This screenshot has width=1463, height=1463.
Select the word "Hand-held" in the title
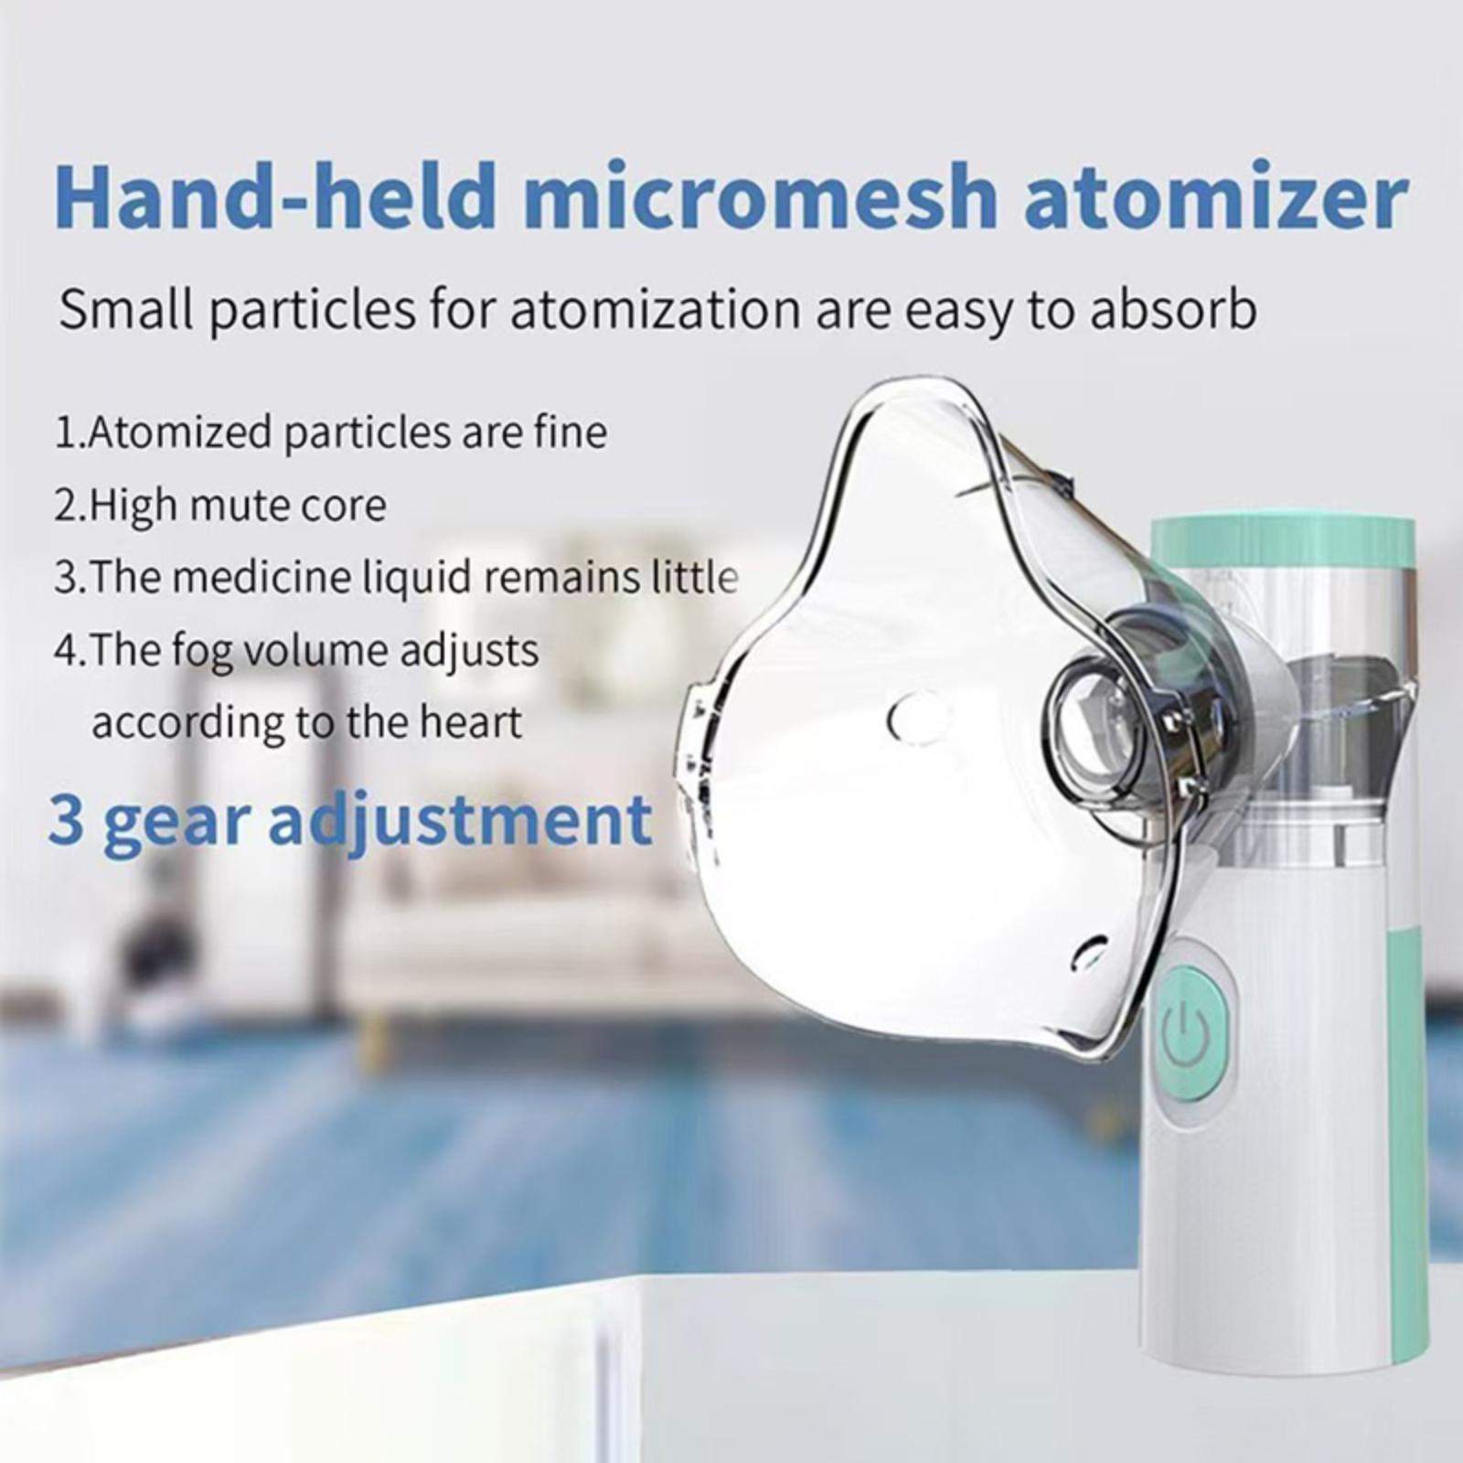click(275, 197)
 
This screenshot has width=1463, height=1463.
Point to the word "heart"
click(470, 723)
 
